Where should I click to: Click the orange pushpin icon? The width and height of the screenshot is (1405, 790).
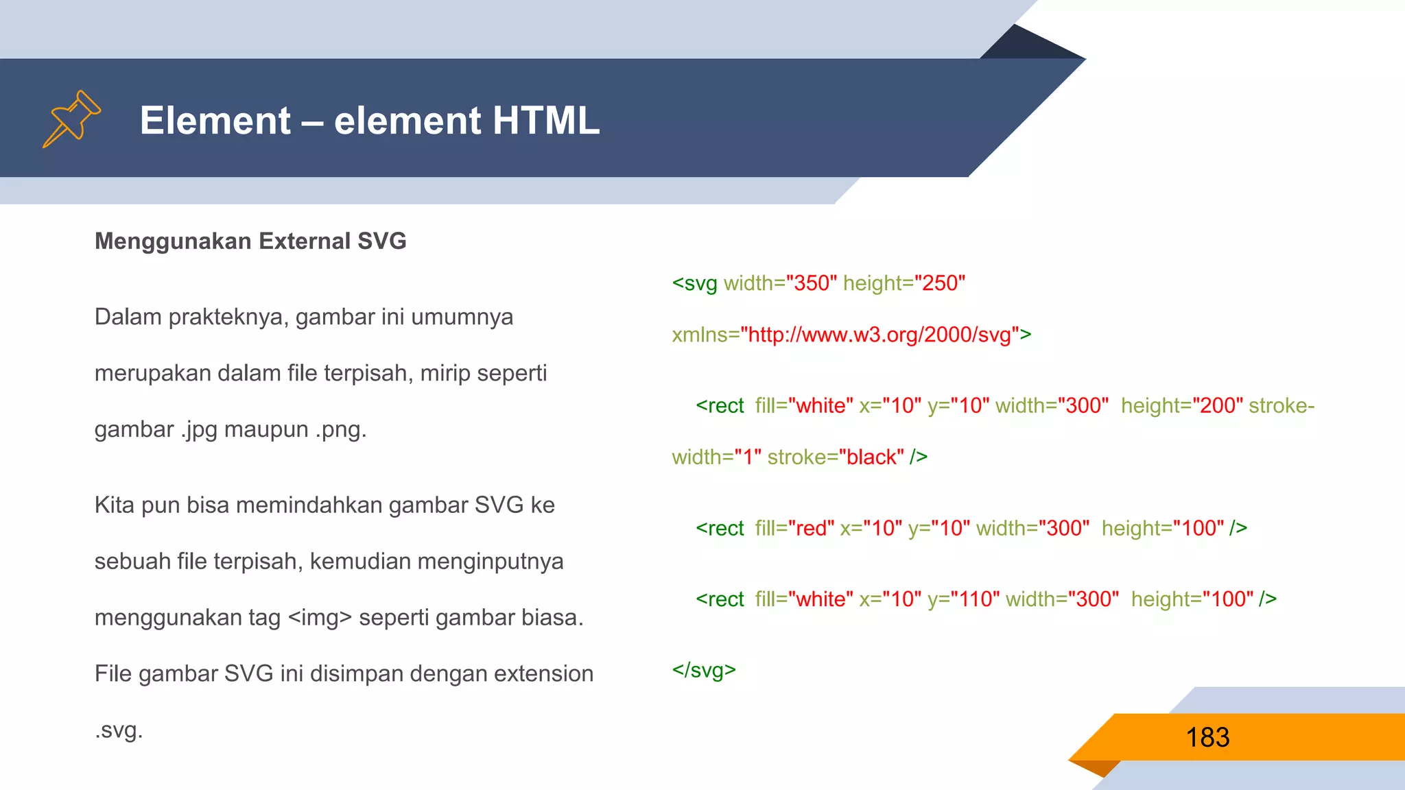[72, 119]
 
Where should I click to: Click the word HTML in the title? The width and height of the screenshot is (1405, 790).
[545, 121]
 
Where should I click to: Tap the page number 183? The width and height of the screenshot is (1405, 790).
[1207, 738]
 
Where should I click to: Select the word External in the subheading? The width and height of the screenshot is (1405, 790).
[305, 241]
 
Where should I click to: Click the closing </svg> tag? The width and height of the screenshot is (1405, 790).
[704, 670]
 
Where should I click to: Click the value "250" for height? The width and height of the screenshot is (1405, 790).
[940, 283]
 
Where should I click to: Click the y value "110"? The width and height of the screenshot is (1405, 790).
[969, 599]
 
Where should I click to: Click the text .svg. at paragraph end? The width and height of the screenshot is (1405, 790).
[119, 730]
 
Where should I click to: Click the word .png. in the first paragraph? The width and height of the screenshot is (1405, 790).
[341, 430]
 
